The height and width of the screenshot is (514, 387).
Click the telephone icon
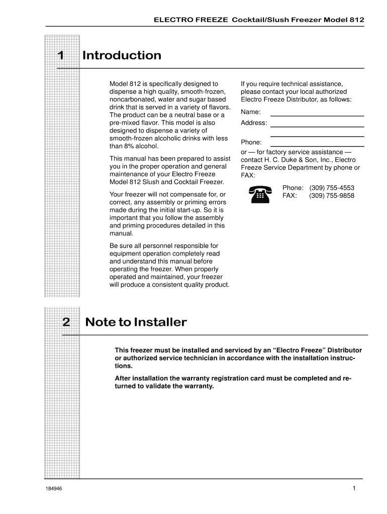pyautogui.click(x=259, y=193)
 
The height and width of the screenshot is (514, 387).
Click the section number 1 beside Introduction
pyautogui.click(x=60, y=56)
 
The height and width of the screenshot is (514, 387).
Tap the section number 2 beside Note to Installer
pyautogui.click(x=66, y=322)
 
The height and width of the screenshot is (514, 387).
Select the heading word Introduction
pyautogui.click(x=122, y=56)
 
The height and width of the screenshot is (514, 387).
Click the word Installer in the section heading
pyautogui.click(x=160, y=322)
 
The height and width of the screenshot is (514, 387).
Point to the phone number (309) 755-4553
pyautogui.click(x=332, y=188)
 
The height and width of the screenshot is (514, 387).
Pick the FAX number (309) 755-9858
pyautogui.click(x=332, y=196)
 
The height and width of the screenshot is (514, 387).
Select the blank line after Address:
pyautogui.click(x=317, y=126)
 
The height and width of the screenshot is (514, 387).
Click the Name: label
pyautogui.click(x=251, y=112)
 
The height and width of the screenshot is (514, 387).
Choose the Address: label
pyautogui.click(x=254, y=123)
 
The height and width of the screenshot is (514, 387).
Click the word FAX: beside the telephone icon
pyautogui.click(x=289, y=196)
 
